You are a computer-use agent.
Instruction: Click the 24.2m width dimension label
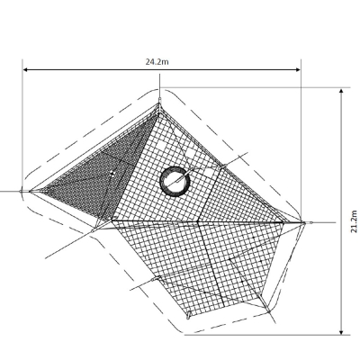(x=157, y=62)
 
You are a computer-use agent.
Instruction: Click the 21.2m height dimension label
(x=354, y=221)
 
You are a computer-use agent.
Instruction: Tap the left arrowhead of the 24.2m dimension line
(x=26, y=70)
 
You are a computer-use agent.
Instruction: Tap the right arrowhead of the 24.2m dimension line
(x=298, y=70)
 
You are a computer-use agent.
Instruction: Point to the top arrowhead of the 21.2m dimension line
(x=341, y=91)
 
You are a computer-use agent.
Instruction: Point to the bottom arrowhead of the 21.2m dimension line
(x=341, y=331)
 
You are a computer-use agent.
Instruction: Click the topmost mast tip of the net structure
(x=160, y=99)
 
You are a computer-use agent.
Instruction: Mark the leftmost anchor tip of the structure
(x=22, y=191)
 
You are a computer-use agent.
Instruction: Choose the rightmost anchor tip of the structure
(x=310, y=223)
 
